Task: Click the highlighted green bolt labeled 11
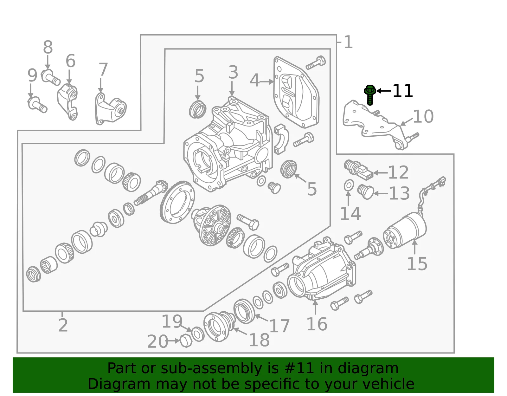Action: (x=370, y=95)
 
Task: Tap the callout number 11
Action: (x=403, y=91)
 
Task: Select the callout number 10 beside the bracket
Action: (x=423, y=116)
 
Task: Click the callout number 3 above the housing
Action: (x=233, y=72)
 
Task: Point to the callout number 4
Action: (x=254, y=80)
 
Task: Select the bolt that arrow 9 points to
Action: (x=37, y=105)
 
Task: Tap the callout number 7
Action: (x=103, y=69)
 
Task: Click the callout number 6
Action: (x=70, y=61)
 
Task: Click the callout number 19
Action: (x=172, y=321)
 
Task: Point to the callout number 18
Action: (x=259, y=340)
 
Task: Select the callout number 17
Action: (x=279, y=326)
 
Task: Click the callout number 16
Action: (x=317, y=324)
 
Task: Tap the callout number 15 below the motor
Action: (x=417, y=264)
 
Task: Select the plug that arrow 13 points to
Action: (x=365, y=192)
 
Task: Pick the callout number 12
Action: (x=398, y=172)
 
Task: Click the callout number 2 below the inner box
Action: (x=63, y=325)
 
